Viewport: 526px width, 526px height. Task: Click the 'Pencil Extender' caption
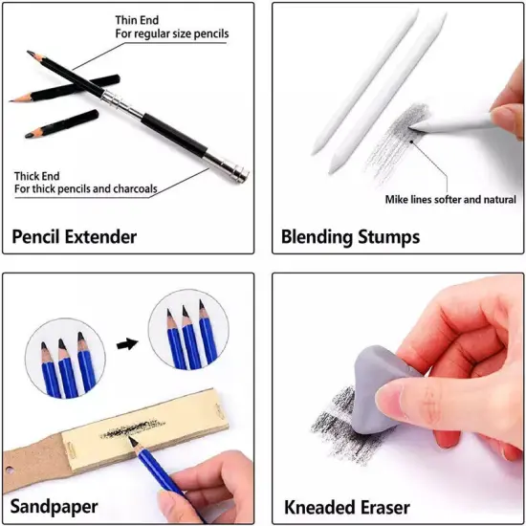tap(75, 236)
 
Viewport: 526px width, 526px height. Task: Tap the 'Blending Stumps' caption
tap(350, 236)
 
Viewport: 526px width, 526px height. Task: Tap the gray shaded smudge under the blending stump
tap(392, 143)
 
